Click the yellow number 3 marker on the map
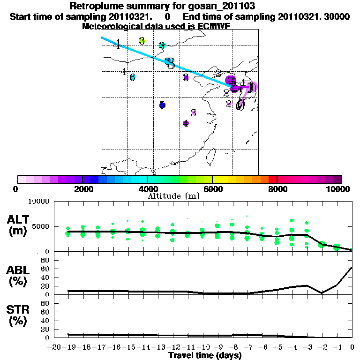click(x=142, y=41)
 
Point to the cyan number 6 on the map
click(x=133, y=77)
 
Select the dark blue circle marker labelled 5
click(x=162, y=105)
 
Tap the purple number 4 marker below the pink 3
click(x=186, y=123)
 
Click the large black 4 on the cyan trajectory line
click(x=117, y=45)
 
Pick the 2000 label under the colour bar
click(x=82, y=189)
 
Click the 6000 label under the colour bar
click(x=212, y=189)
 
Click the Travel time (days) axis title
click(x=205, y=355)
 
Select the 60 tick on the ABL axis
click(x=45, y=269)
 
